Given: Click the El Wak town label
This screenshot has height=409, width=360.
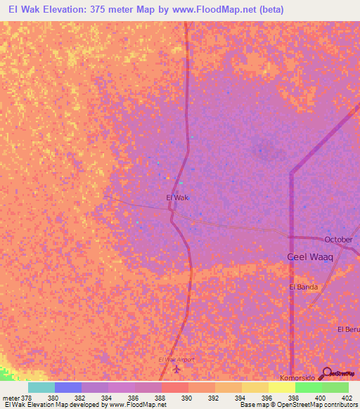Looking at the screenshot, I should coord(177,198).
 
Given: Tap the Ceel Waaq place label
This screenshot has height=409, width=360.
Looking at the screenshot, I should coord(309,257).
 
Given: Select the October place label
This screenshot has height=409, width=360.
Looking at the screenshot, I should coord(337,240).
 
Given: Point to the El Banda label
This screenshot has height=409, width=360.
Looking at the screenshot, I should coord(303,287).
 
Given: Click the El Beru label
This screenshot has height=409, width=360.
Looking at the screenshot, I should coord(348,330).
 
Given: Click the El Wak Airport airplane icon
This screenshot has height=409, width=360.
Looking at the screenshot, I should coord(176,368).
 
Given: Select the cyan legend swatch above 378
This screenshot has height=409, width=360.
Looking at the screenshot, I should coord(41,387).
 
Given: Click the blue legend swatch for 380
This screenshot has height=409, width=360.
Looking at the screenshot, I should coord(68,387).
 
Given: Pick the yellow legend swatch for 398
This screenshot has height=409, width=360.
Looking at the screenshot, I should coord(282,387).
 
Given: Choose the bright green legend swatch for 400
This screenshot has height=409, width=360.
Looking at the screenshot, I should coord(309,387).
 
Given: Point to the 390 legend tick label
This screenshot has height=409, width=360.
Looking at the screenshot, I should coord(188,397).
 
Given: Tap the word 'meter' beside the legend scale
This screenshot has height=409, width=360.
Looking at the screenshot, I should coord(10,397).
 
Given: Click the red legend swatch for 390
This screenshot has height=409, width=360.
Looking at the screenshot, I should coord(175,387).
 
